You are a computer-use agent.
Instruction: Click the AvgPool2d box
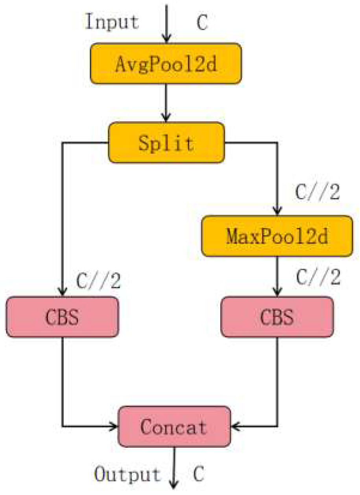[x=166, y=63]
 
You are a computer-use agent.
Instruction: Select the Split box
[x=166, y=142]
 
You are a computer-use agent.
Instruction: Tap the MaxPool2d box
[x=277, y=236]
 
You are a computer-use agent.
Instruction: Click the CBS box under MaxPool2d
[x=277, y=317]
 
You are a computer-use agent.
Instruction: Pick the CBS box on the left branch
[x=62, y=317]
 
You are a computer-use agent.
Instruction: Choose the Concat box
[x=174, y=426]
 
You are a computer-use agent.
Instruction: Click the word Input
[x=113, y=22]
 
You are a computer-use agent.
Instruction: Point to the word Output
[x=128, y=474]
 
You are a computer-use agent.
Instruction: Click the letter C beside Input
[x=202, y=23]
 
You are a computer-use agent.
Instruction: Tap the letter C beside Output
[x=199, y=475]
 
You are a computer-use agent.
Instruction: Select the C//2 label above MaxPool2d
[x=317, y=194]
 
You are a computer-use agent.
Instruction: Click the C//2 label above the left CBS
[x=98, y=281]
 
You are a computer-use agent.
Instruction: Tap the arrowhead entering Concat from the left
[x=114, y=426]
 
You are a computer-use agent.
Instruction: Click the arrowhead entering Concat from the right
[x=235, y=426]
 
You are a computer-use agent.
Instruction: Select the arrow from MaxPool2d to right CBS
[x=277, y=275]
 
